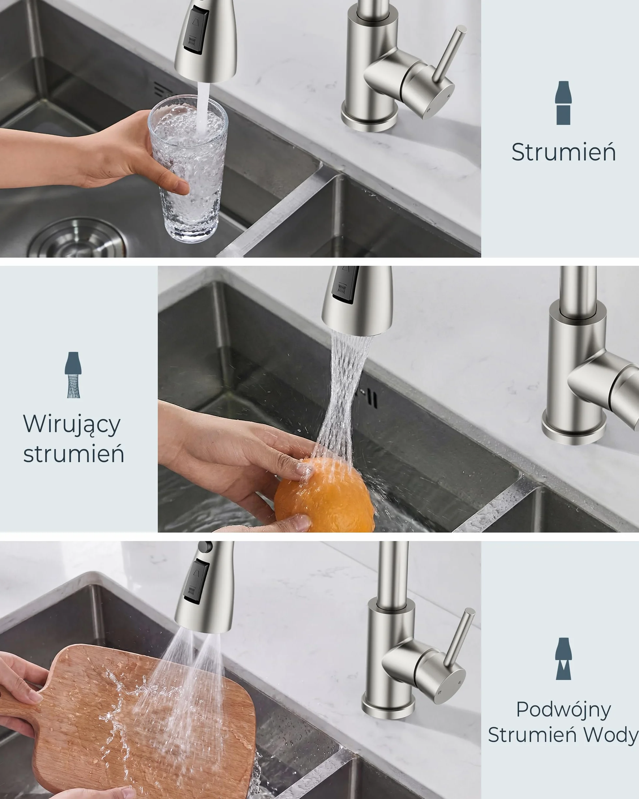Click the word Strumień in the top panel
[x=563, y=152]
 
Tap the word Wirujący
[x=72, y=424]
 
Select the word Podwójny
[x=563, y=710]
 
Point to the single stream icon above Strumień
[x=563, y=103]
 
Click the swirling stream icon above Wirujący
[x=73, y=375]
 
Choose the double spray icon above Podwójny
[x=563, y=658]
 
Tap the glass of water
[x=188, y=169]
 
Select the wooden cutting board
[x=133, y=723]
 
